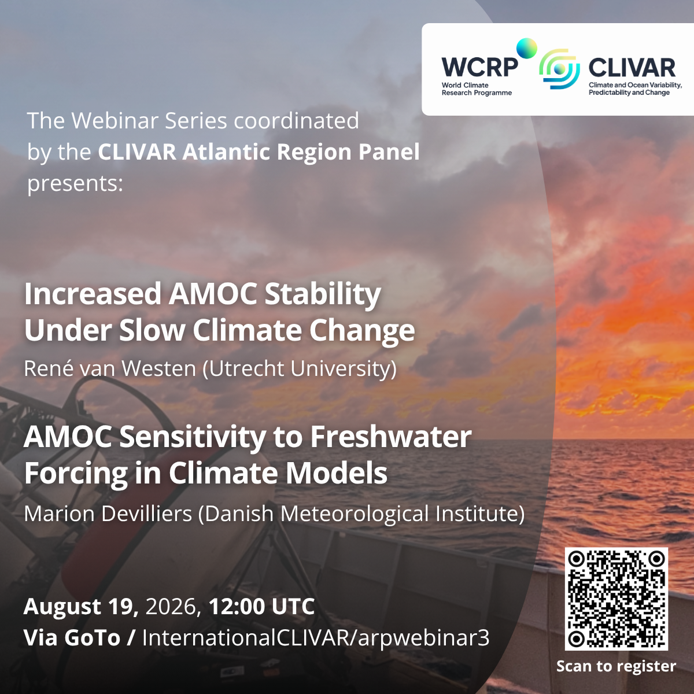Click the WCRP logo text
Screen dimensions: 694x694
pos(479,67)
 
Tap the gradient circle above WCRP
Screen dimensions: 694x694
pos(526,48)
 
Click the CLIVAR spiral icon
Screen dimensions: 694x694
pos(559,69)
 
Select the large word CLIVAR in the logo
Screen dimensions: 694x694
pos(632,68)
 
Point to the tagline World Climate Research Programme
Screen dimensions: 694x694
pos(477,89)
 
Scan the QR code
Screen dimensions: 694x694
pos(616,599)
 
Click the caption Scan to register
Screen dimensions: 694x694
pos(616,666)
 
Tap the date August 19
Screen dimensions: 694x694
pos(81,607)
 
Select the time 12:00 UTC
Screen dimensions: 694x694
pos(262,606)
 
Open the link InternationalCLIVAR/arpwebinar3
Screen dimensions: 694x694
pos(316,638)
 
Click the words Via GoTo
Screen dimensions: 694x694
pos(72,638)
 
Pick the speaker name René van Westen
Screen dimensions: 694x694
pos(110,368)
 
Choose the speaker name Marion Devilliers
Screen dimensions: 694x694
pos(108,513)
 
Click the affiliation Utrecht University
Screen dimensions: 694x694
pos(300,369)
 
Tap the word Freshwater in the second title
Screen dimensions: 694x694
pos(391,436)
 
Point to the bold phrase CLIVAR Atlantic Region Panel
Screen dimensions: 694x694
pos(259,152)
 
